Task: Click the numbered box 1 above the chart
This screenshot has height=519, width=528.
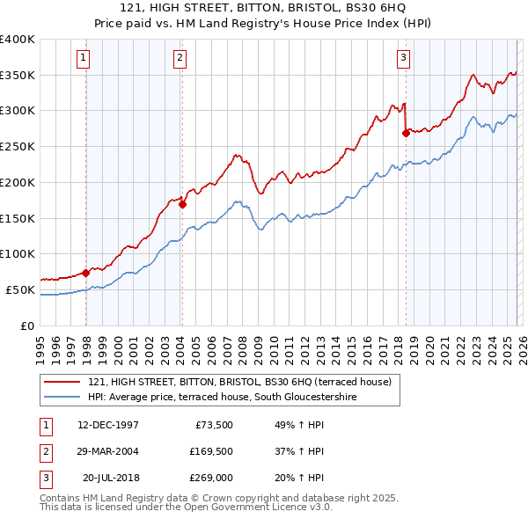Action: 83,59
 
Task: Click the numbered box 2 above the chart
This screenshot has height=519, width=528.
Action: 179,59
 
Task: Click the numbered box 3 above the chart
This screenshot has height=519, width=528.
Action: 403,59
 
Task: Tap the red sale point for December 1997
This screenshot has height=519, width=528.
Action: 86,273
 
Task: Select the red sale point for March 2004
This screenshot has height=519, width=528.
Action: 182,204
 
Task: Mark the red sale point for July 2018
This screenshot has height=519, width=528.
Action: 406,133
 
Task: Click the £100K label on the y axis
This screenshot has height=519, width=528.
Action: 17,253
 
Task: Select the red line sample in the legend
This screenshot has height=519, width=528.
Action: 62,381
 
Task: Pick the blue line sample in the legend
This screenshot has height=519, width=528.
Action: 62,397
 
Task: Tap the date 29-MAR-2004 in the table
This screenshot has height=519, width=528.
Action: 108,451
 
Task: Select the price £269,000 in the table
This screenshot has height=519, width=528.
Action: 210,478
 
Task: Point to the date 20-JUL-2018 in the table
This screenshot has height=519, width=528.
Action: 112,478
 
